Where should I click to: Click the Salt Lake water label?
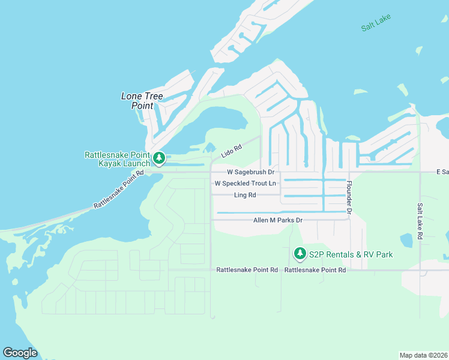pyautogui.click(x=376, y=23)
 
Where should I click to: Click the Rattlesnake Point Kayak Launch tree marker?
pyautogui.click(x=159, y=158)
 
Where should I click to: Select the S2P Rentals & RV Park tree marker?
pyautogui.click(x=300, y=254)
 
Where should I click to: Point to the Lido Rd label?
pyautogui.click(x=231, y=151)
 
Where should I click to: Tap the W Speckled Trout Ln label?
pyautogui.click(x=246, y=183)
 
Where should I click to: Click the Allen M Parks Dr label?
pyautogui.click(x=278, y=220)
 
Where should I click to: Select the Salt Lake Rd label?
pyautogui.click(x=420, y=221)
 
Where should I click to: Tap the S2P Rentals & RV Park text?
pyautogui.click(x=351, y=254)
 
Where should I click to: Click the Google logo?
pyautogui.click(x=20, y=353)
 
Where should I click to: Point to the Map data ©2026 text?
pyautogui.click(x=424, y=355)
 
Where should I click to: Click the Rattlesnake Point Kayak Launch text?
pyautogui.click(x=116, y=159)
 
